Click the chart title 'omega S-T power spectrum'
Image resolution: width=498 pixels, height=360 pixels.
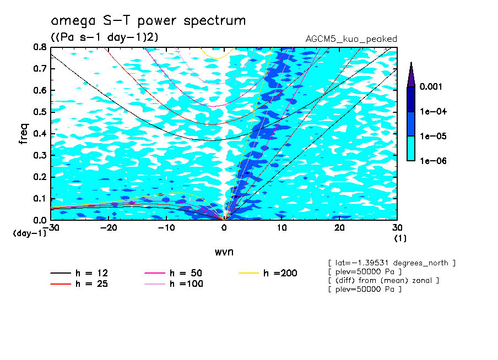coord(148,21)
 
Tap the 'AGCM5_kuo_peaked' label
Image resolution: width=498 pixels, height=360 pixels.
coord(351,39)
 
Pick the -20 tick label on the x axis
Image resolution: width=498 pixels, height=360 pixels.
coord(109,228)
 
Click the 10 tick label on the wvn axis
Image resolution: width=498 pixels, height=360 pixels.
coord(282,228)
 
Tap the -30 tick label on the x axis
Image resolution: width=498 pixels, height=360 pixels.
coord(51,228)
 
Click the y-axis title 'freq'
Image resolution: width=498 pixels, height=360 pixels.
coord(24,133)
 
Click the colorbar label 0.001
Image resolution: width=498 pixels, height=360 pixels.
coord(432,87)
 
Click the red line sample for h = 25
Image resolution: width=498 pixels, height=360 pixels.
coord(61,284)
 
